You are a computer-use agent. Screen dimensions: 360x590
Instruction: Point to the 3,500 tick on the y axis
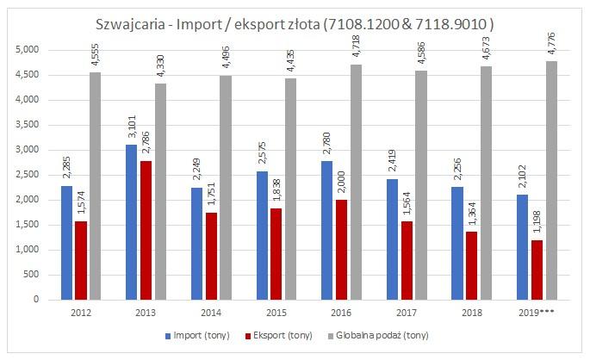28,125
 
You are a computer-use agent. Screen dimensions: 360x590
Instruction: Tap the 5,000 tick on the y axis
28,50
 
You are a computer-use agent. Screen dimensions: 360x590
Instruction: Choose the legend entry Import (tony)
201,334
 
